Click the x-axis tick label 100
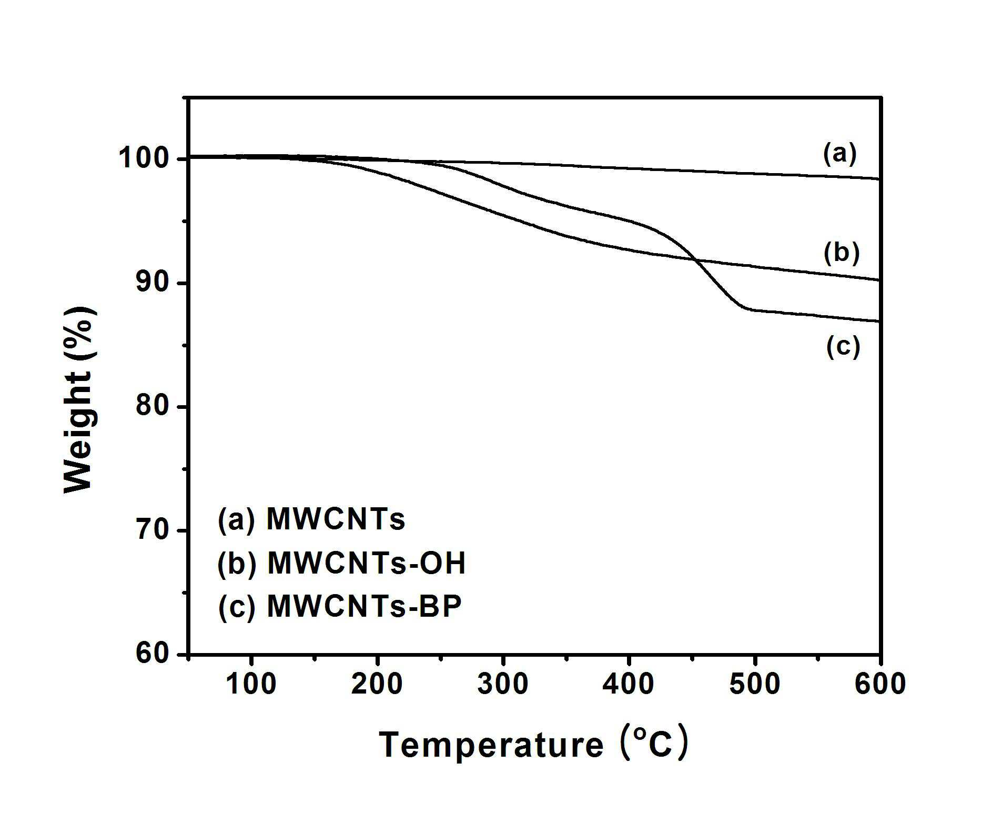pos(251,684)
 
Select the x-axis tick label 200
pos(377,684)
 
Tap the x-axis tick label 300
pos(503,684)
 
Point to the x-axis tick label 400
pos(629,684)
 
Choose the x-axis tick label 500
pos(754,684)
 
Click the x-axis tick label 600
pos(879,684)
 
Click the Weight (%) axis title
pos(79,400)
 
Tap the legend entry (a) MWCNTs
pos(311,520)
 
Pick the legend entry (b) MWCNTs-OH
pos(341,564)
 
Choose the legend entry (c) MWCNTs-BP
pos(340,607)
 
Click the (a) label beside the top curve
pos(840,154)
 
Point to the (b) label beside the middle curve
pos(842,253)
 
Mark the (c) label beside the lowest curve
pos(843,347)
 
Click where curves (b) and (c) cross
pos(695,259)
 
